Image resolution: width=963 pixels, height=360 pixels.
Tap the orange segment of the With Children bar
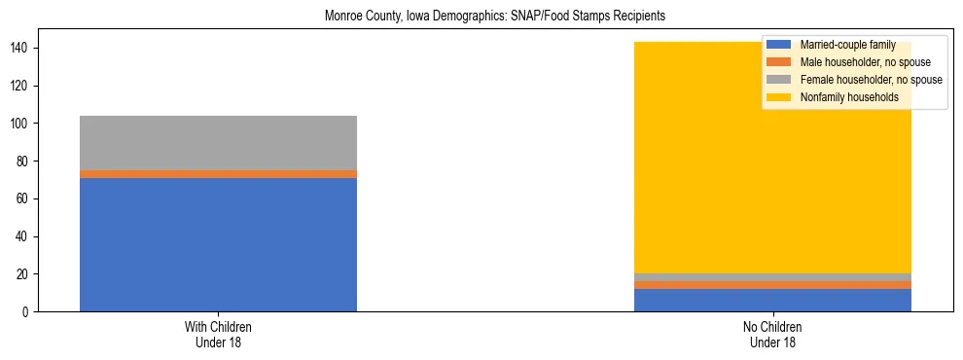[218, 174]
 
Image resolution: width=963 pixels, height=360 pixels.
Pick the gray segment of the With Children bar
[218, 143]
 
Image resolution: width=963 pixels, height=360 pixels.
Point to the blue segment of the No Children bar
[772, 301]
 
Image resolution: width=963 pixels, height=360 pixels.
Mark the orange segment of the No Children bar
[772, 285]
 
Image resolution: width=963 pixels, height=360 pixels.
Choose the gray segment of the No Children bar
[772, 277]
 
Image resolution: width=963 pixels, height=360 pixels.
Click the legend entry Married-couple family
[847, 45]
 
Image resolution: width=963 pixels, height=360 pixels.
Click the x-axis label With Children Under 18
[218, 335]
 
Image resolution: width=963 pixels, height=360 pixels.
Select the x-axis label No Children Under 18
[772, 335]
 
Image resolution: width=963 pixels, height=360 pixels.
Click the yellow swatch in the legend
[779, 97]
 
